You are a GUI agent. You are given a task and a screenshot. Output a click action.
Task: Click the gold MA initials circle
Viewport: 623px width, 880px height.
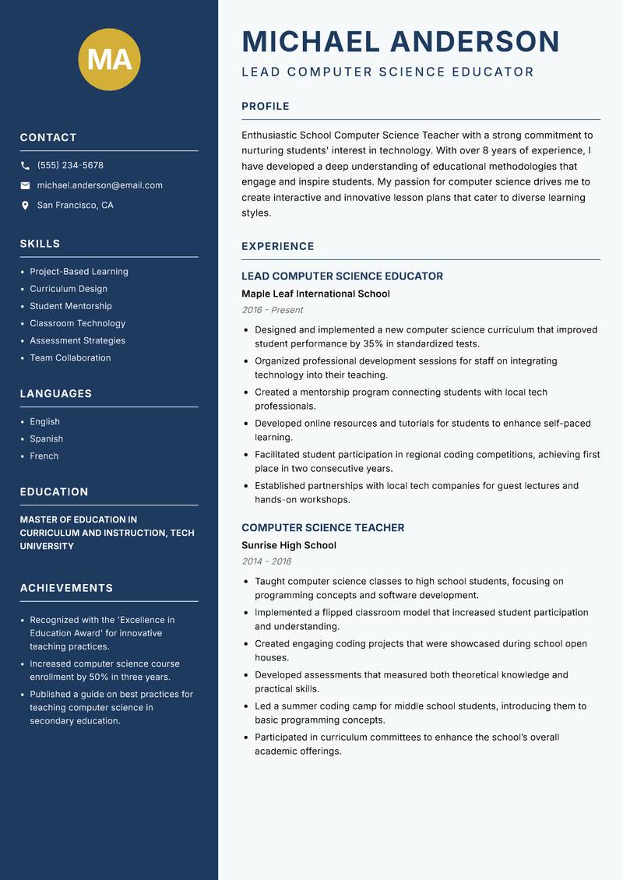pyautogui.click(x=109, y=59)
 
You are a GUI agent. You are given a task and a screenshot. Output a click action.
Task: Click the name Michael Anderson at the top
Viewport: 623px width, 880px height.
pyautogui.click(x=400, y=41)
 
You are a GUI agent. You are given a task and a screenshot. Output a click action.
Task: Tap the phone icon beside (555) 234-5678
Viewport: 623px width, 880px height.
pyautogui.click(x=25, y=166)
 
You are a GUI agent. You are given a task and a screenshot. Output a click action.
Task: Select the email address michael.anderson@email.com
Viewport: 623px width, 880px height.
pyautogui.click(x=100, y=185)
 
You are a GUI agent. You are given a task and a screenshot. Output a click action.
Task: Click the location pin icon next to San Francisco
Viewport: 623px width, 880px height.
pyautogui.click(x=25, y=206)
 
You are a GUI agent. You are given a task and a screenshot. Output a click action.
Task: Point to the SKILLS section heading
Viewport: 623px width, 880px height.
pyautogui.click(x=40, y=244)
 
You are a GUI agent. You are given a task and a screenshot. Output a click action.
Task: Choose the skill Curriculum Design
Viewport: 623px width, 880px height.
pyautogui.click(x=69, y=289)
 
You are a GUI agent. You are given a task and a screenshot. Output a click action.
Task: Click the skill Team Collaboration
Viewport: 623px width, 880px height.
pyautogui.click(x=70, y=357)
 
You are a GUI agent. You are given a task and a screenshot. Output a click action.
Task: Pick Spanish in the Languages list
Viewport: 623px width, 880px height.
pyautogui.click(x=46, y=438)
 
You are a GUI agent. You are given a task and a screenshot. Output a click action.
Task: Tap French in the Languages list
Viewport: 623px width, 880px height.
pyautogui.click(x=44, y=456)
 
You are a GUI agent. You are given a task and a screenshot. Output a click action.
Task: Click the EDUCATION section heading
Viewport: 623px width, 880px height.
pyautogui.click(x=54, y=492)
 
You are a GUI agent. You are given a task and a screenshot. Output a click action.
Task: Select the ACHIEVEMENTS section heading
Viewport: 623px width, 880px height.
pyautogui.click(x=66, y=588)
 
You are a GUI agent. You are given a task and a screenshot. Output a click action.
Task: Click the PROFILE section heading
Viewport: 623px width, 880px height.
pyautogui.click(x=265, y=107)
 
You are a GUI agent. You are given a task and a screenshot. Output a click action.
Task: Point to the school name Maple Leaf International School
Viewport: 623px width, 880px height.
pyautogui.click(x=315, y=294)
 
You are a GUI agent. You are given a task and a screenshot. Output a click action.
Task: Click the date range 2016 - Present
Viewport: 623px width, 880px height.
pyautogui.click(x=272, y=310)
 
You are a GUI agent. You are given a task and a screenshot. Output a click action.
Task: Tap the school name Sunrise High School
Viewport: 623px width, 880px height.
pyautogui.click(x=288, y=545)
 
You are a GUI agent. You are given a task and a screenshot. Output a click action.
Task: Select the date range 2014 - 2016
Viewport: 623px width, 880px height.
pyautogui.click(x=266, y=561)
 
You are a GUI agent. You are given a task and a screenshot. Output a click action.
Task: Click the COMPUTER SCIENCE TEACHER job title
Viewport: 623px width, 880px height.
pyautogui.click(x=322, y=527)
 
